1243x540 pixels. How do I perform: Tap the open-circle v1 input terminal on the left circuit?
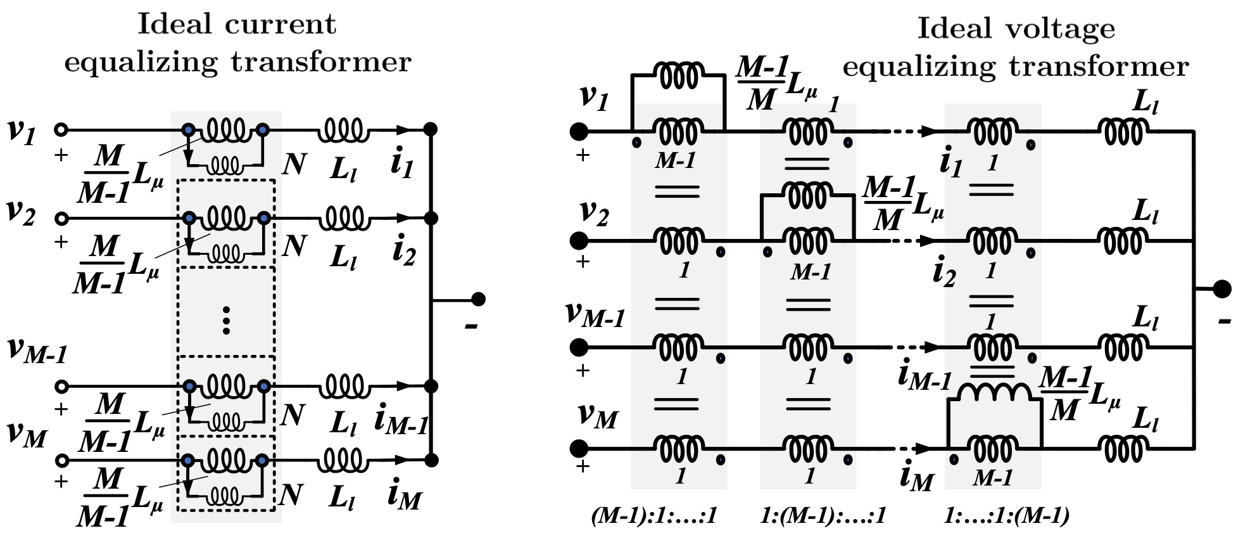[x=61, y=130]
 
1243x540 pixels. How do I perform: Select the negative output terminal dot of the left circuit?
[x=479, y=299]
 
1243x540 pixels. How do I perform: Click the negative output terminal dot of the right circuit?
[x=1221, y=289]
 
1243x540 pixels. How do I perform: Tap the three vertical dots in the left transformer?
[x=226, y=320]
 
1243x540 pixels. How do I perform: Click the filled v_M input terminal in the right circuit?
[x=578, y=449]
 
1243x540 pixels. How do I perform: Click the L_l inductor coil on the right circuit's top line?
[x=1123, y=132]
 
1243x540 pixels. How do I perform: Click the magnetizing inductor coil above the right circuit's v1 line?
[x=678, y=75]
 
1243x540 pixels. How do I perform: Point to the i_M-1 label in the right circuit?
[x=924, y=375]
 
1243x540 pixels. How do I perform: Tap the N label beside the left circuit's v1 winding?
[x=294, y=164]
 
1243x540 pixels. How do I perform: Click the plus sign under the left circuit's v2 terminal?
[x=61, y=241]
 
